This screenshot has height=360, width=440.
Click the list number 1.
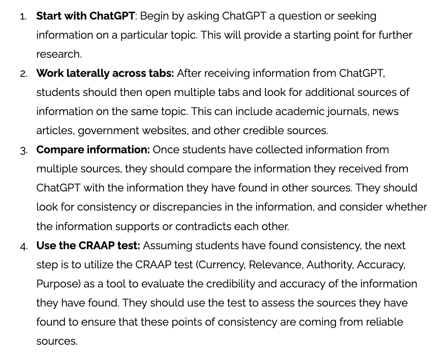point(23,17)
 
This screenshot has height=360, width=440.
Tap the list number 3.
point(24,151)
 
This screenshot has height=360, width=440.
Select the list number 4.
point(24,247)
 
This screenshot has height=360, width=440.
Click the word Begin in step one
point(154,16)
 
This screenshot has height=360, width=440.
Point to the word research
point(59,54)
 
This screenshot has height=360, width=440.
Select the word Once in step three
point(166,150)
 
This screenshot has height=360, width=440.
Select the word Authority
point(330,265)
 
